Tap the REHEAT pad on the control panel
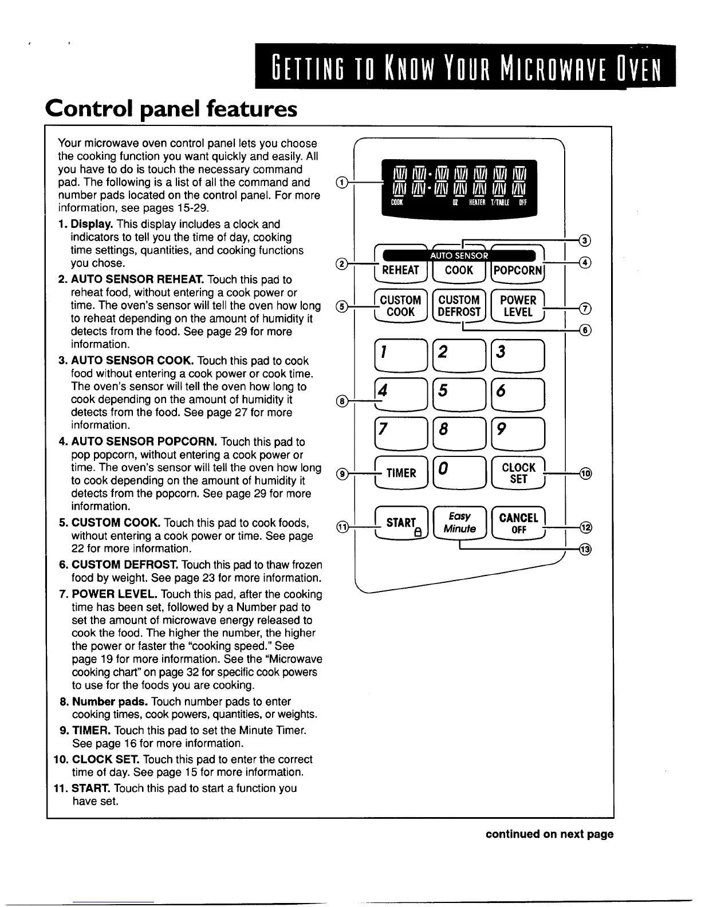pos(400,270)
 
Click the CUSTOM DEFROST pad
pos(459,306)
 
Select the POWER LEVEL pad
pos(518,306)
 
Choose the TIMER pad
pos(401,473)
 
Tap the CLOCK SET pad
pos(518,473)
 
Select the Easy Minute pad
pos(459,522)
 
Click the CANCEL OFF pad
pos(518,522)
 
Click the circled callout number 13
pos(584,550)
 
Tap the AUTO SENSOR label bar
pos(459,255)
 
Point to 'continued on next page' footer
pos(549,834)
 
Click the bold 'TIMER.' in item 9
pos(92,731)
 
